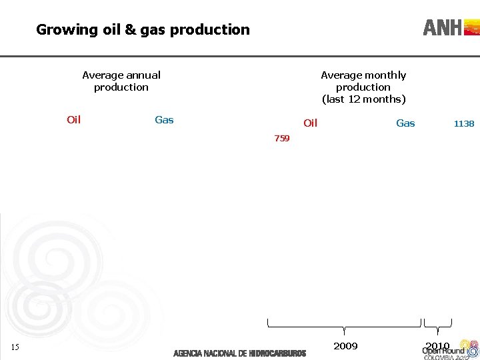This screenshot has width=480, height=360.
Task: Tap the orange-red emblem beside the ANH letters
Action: tap(471, 28)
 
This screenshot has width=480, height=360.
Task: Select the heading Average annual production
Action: tap(121, 81)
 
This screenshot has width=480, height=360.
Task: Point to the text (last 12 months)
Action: tap(363, 99)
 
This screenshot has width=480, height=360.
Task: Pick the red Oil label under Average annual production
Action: tap(74, 120)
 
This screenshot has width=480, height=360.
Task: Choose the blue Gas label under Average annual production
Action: tap(164, 120)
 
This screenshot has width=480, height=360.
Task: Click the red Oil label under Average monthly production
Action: tap(311, 123)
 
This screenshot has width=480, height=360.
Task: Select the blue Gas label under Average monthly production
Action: tap(405, 123)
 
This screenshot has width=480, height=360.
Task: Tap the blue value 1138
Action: tap(464, 123)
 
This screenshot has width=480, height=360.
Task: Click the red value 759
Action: tap(282, 139)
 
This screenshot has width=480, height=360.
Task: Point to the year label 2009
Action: tap(345, 346)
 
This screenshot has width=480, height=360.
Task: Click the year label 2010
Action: tap(437, 345)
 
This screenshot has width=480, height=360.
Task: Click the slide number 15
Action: tap(15, 346)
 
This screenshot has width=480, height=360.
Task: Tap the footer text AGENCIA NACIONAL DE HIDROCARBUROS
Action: tap(240, 353)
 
